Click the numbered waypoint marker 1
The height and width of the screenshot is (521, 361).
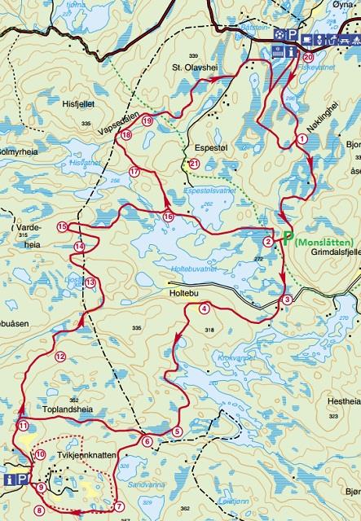pyautogui.click(x=302, y=139)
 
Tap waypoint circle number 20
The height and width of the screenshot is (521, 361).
pyautogui.click(x=307, y=59)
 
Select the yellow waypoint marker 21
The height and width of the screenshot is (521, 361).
pyautogui.click(x=194, y=164)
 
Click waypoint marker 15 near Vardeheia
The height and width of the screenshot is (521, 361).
pyautogui.click(x=63, y=226)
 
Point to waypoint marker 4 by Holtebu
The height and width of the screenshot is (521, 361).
pyautogui.click(x=204, y=309)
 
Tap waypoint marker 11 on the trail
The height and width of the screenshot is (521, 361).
pyautogui.click(x=24, y=426)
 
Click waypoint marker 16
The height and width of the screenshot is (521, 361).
pyautogui.click(x=168, y=217)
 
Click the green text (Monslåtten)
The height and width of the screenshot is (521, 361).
pyautogui.click(x=324, y=242)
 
